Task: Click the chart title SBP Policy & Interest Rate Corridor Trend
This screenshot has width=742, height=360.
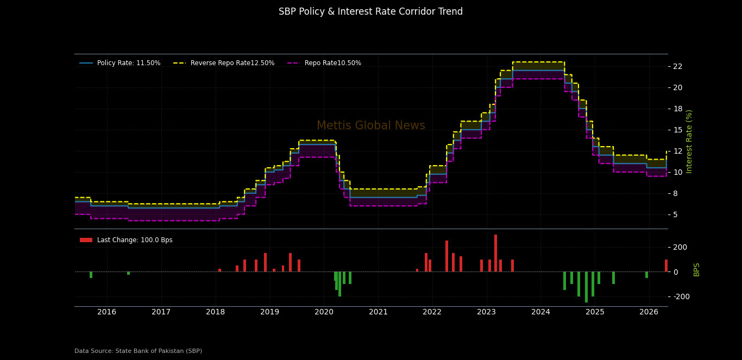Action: pos(370,12)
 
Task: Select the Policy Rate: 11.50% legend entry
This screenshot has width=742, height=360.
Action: pos(120,63)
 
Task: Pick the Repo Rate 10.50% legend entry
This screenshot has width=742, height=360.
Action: pos(324,63)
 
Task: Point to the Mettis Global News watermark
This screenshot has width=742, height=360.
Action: pos(370,126)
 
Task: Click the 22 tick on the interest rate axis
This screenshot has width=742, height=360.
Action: pos(677,66)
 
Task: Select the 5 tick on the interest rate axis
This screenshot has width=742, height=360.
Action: pos(675,214)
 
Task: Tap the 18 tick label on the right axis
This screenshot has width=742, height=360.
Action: pos(677,109)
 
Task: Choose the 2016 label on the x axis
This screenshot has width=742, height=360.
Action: pos(107,312)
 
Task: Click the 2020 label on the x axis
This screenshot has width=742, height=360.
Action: pos(324,312)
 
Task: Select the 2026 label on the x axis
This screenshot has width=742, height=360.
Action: pos(649,312)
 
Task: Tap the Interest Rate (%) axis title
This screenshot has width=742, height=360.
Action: pos(689,141)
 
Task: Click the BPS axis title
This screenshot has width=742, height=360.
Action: pos(696,269)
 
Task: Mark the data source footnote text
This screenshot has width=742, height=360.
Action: pos(138,351)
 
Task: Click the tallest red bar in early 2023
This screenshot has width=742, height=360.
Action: pos(495,253)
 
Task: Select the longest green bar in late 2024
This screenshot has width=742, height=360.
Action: pos(586,287)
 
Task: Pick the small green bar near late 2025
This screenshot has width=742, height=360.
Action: pos(646,275)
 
